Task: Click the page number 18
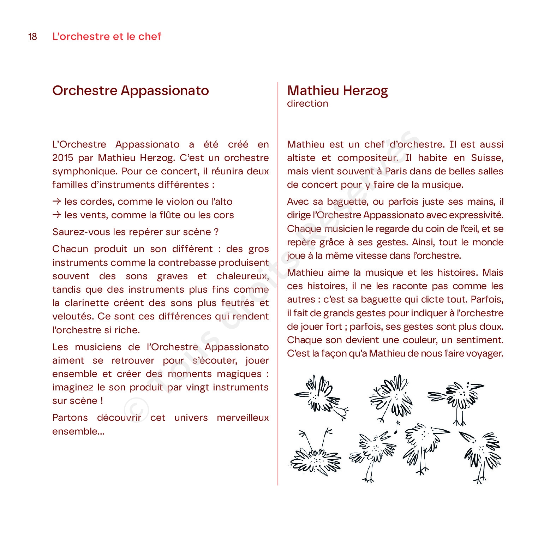[x=32, y=37]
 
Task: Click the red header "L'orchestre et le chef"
[x=107, y=36]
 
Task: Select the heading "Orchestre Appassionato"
[x=131, y=91]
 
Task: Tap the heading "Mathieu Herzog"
[x=337, y=91]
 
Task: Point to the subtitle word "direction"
[x=307, y=103]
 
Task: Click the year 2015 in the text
[x=62, y=158]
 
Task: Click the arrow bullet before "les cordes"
[x=57, y=202]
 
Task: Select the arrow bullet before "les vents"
[x=57, y=215]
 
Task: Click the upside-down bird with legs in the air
[x=315, y=454]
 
